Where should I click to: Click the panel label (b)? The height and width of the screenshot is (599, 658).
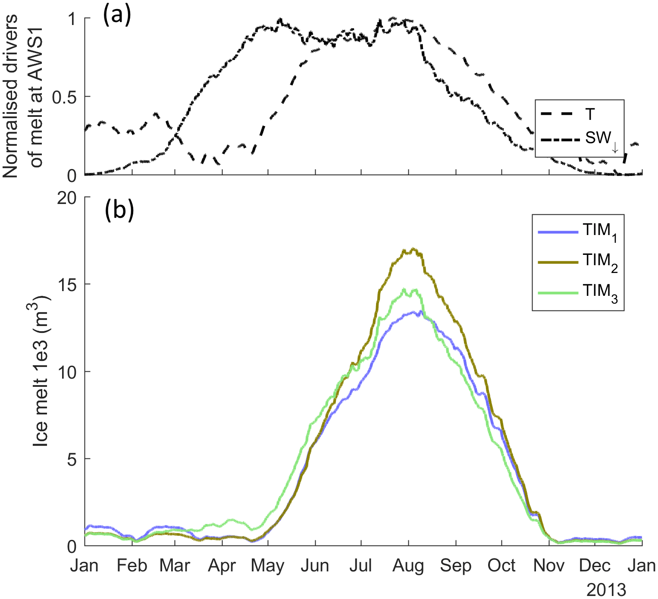point(119,210)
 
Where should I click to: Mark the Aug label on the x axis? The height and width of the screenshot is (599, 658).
point(408,566)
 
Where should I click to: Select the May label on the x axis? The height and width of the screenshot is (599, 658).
point(268,566)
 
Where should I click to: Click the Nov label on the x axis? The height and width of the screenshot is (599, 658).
point(548,566)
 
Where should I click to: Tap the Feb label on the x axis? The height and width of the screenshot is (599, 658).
point(132,566)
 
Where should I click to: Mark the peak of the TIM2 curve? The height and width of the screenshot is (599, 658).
point(413,249)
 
